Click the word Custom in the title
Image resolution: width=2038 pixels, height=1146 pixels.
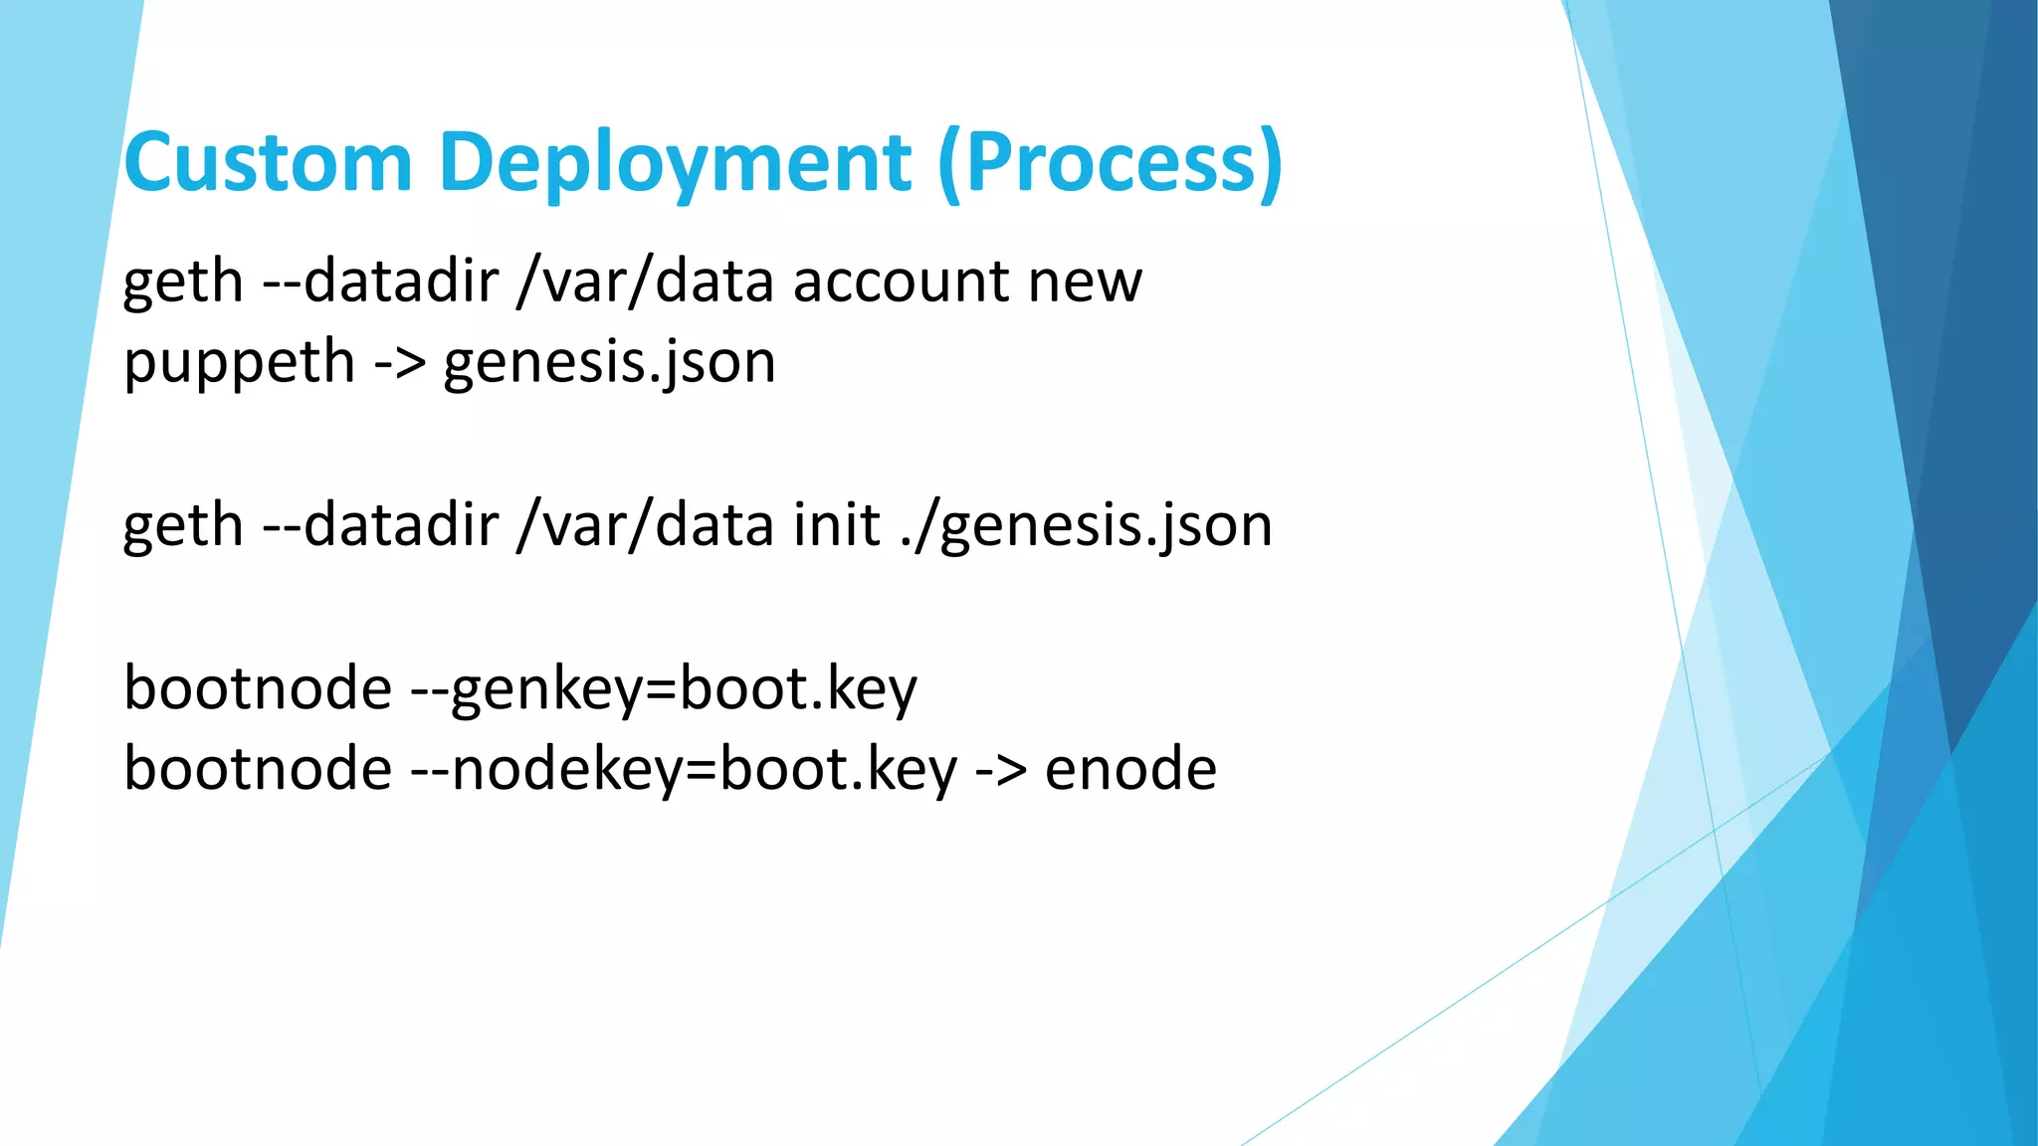268,162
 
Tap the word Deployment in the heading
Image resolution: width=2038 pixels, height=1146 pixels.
674,162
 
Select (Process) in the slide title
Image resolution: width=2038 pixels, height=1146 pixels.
1110,162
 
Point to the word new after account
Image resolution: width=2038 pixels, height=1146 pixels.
1085,282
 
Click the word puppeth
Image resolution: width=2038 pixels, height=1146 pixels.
239,363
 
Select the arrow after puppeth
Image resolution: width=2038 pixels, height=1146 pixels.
399,363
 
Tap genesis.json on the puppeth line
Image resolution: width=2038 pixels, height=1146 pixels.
609,363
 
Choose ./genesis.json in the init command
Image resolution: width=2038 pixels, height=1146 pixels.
1086,525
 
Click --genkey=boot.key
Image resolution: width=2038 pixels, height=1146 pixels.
664,689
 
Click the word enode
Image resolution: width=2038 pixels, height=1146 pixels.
1130,770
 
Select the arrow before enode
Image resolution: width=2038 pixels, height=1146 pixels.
1000,770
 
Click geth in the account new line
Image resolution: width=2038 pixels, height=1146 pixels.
183,282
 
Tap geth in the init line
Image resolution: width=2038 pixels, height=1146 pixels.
183,525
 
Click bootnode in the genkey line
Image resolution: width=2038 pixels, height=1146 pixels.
258,689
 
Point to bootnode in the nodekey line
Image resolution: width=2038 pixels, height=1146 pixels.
258,770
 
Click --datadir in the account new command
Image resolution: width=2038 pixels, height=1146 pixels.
380,282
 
